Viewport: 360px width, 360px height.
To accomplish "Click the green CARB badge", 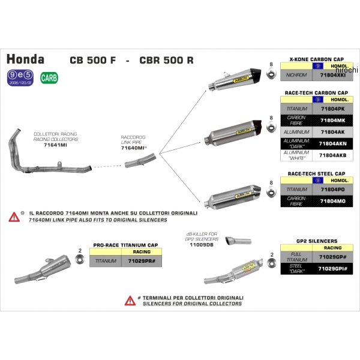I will click(x=46, y=77).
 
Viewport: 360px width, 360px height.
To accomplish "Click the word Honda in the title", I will click(x=25, y=59).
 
